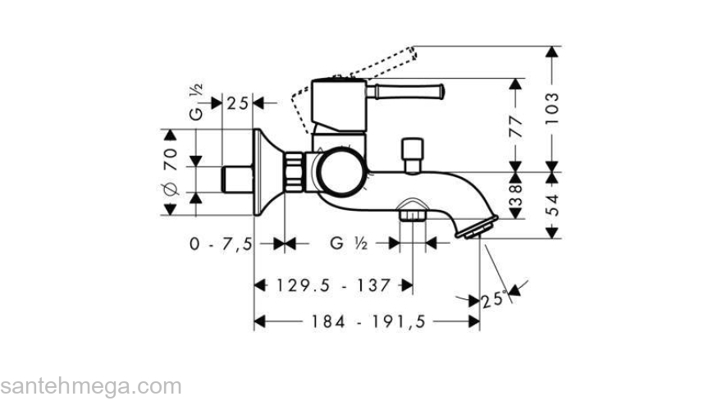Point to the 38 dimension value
tap(515, 198)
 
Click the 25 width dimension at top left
tap(238, 103)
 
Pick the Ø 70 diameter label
tap(171, 171)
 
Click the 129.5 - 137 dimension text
tap(333, 285)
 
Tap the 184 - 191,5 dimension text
tap(368, 322)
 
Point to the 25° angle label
tap(492, 301)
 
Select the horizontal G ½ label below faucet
tap(348, 244)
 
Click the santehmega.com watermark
tap(90, 387)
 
